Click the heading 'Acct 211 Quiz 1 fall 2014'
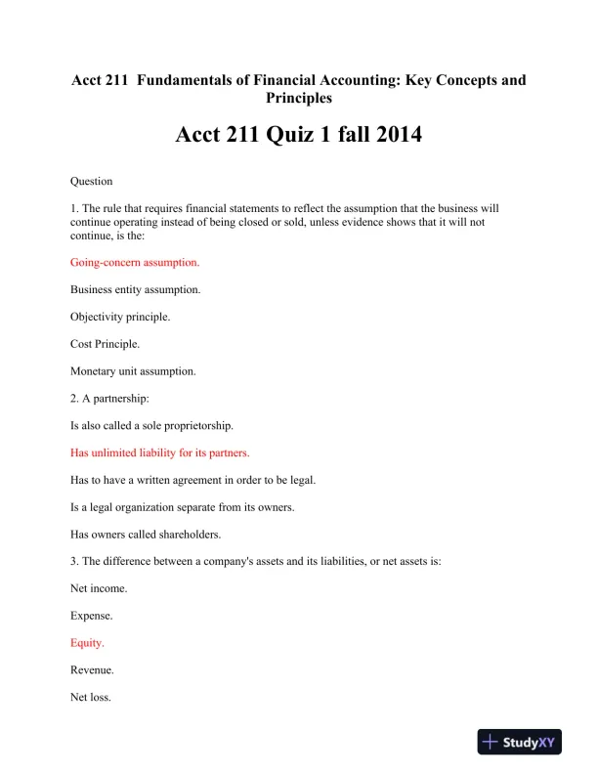point(298,135)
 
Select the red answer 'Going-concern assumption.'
point(135,262)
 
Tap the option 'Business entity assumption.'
point(136,289)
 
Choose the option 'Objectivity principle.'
point(120,317)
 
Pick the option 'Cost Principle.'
point(105,344)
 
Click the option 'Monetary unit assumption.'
point(133,371)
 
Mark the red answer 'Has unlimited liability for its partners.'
point(160,452)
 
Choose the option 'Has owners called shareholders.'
point(147,535)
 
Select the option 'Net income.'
point(99,589)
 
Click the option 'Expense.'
point(93,617)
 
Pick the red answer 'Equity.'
point(87,643)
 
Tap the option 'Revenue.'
point(93,670)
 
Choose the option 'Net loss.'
point(92,698)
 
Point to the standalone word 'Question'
point(92,181)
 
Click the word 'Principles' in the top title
point(298,98)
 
